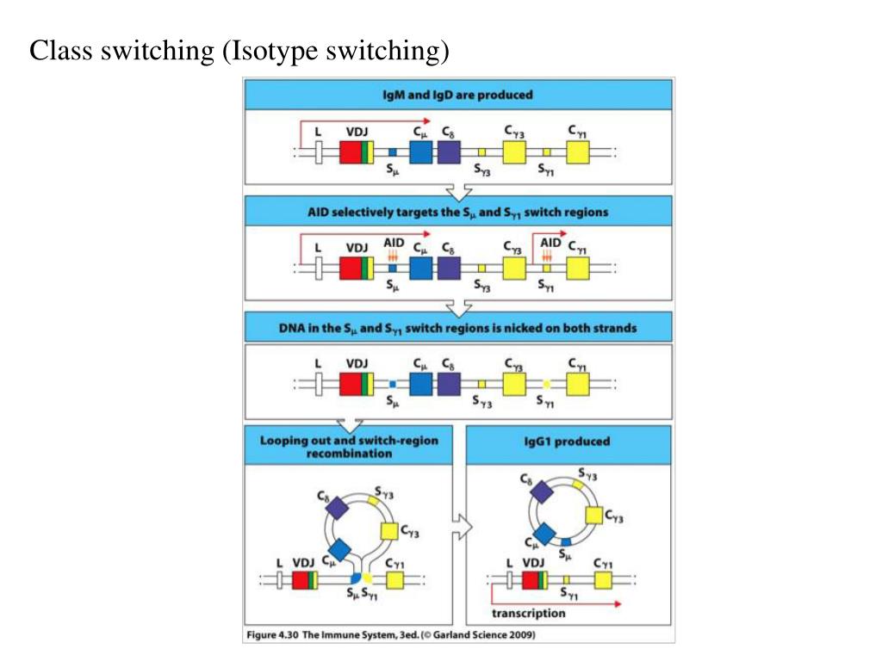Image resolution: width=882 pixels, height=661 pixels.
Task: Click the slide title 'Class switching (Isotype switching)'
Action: click(x=240, y=52)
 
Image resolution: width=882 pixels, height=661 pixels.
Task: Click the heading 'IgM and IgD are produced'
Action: click(x=458, y=94)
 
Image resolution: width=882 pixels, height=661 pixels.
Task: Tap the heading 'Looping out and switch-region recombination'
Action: click(x=349, y=446)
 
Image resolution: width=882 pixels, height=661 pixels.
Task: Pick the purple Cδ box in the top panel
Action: click(x=449, y=152)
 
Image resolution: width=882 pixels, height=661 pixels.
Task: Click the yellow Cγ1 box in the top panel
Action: click(x=578, y=152)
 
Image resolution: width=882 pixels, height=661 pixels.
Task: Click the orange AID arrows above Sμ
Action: click(x=392, y=256)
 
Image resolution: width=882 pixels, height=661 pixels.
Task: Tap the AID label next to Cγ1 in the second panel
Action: click(x=551, y=244)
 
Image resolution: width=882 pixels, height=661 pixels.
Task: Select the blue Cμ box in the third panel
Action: click(x=421, y=383)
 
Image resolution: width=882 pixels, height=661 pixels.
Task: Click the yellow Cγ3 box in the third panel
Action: click(x=514, y=383)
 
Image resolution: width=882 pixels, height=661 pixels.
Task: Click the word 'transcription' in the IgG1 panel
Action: click(x=528, y=614)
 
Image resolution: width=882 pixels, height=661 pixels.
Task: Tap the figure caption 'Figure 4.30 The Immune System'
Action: click(x=390, y=635)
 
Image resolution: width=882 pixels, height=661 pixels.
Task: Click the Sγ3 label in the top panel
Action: click(x=482, y=170)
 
